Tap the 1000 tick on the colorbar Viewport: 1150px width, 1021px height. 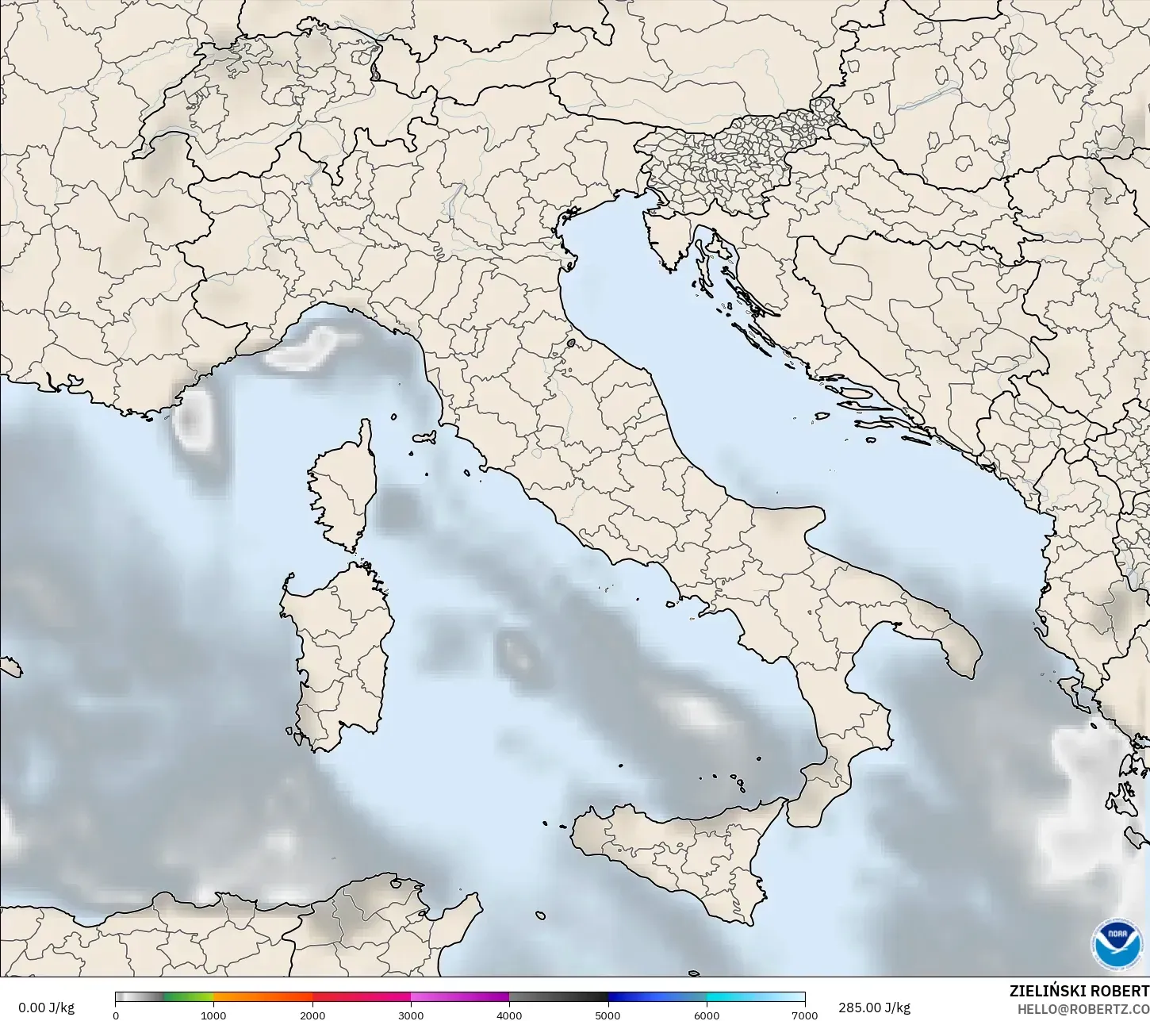(213, 1015)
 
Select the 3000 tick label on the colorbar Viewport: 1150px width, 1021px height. (411, 1015)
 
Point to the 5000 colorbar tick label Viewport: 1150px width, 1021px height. (608, 1015)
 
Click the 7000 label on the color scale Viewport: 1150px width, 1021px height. (805, 1015)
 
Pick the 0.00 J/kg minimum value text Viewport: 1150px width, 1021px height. (46, 1008)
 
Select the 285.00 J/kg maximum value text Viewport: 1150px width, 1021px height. (874, 1008)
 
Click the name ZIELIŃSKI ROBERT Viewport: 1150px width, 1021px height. (1079, 991)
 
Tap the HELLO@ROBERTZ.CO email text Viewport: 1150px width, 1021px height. (1083, 1008)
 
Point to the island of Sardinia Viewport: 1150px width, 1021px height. (337, 651)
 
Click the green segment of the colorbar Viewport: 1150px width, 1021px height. (189, 998)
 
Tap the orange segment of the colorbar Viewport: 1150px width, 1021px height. (262, 998)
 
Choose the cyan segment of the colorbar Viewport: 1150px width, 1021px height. (753, 998)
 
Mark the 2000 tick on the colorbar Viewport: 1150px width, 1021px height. (312, 1015)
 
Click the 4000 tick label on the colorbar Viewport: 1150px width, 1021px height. (509, 1015)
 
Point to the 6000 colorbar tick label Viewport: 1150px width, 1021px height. (707, 1015)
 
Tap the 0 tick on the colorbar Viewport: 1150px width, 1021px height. (116, 1015)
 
